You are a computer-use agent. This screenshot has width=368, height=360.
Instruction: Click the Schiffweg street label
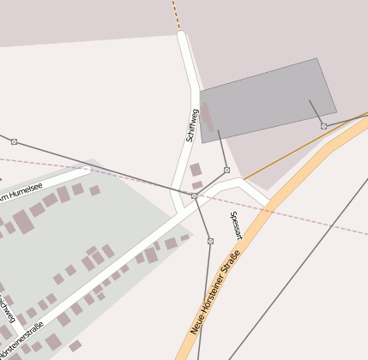point(192,125)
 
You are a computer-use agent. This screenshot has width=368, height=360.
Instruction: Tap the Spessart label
point(236,225)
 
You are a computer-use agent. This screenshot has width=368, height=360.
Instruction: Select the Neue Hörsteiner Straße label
point(214,299)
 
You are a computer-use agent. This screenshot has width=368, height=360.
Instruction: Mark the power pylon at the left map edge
point(14,141)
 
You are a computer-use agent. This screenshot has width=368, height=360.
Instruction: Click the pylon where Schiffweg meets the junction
point(195,196)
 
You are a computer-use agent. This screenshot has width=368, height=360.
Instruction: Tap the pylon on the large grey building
point(323,126)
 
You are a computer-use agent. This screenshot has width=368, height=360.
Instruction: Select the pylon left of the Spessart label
point(210,241)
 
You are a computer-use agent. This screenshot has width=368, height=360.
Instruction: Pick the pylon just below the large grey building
point(226,170)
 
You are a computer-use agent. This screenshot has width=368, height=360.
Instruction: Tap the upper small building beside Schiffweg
point(196,170)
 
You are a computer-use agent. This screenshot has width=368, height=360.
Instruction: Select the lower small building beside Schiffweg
point(196,184)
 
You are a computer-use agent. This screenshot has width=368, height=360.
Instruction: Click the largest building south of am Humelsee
point(23,222)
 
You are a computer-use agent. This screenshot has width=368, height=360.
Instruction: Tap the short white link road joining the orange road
point(252,192)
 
